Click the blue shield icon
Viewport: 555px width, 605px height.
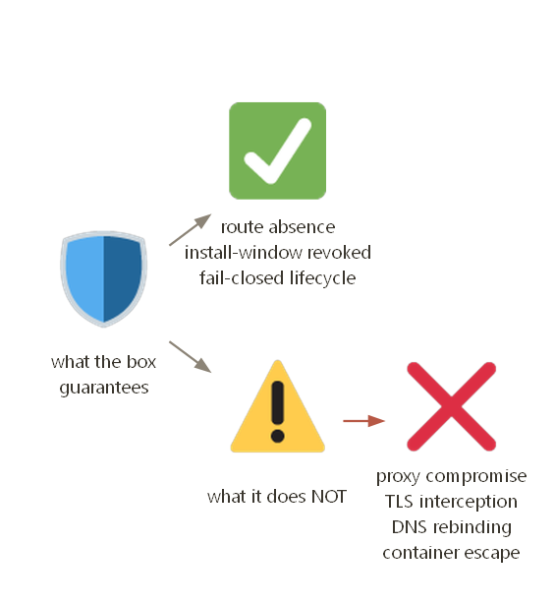103,279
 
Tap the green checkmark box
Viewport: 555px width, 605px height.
277,151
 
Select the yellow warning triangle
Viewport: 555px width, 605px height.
277,406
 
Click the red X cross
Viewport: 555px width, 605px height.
452,406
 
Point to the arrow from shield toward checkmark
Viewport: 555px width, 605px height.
191,229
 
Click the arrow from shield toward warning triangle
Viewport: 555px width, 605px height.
191,357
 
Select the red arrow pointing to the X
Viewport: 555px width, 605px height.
364,421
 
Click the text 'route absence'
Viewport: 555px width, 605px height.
278,227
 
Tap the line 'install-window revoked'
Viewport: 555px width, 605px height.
278,253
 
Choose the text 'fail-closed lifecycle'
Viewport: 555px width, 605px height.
278,278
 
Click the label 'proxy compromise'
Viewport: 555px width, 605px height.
452,476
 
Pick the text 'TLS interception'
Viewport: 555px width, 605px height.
452,502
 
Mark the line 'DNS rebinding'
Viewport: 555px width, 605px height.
452,527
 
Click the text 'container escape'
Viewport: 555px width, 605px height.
452,553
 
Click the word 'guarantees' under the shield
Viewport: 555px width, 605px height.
104,388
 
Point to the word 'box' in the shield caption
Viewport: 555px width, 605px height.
141,362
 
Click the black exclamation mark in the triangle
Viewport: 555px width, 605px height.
277,411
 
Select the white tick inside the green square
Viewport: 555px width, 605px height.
278,151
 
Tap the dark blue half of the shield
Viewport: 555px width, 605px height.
122,277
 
